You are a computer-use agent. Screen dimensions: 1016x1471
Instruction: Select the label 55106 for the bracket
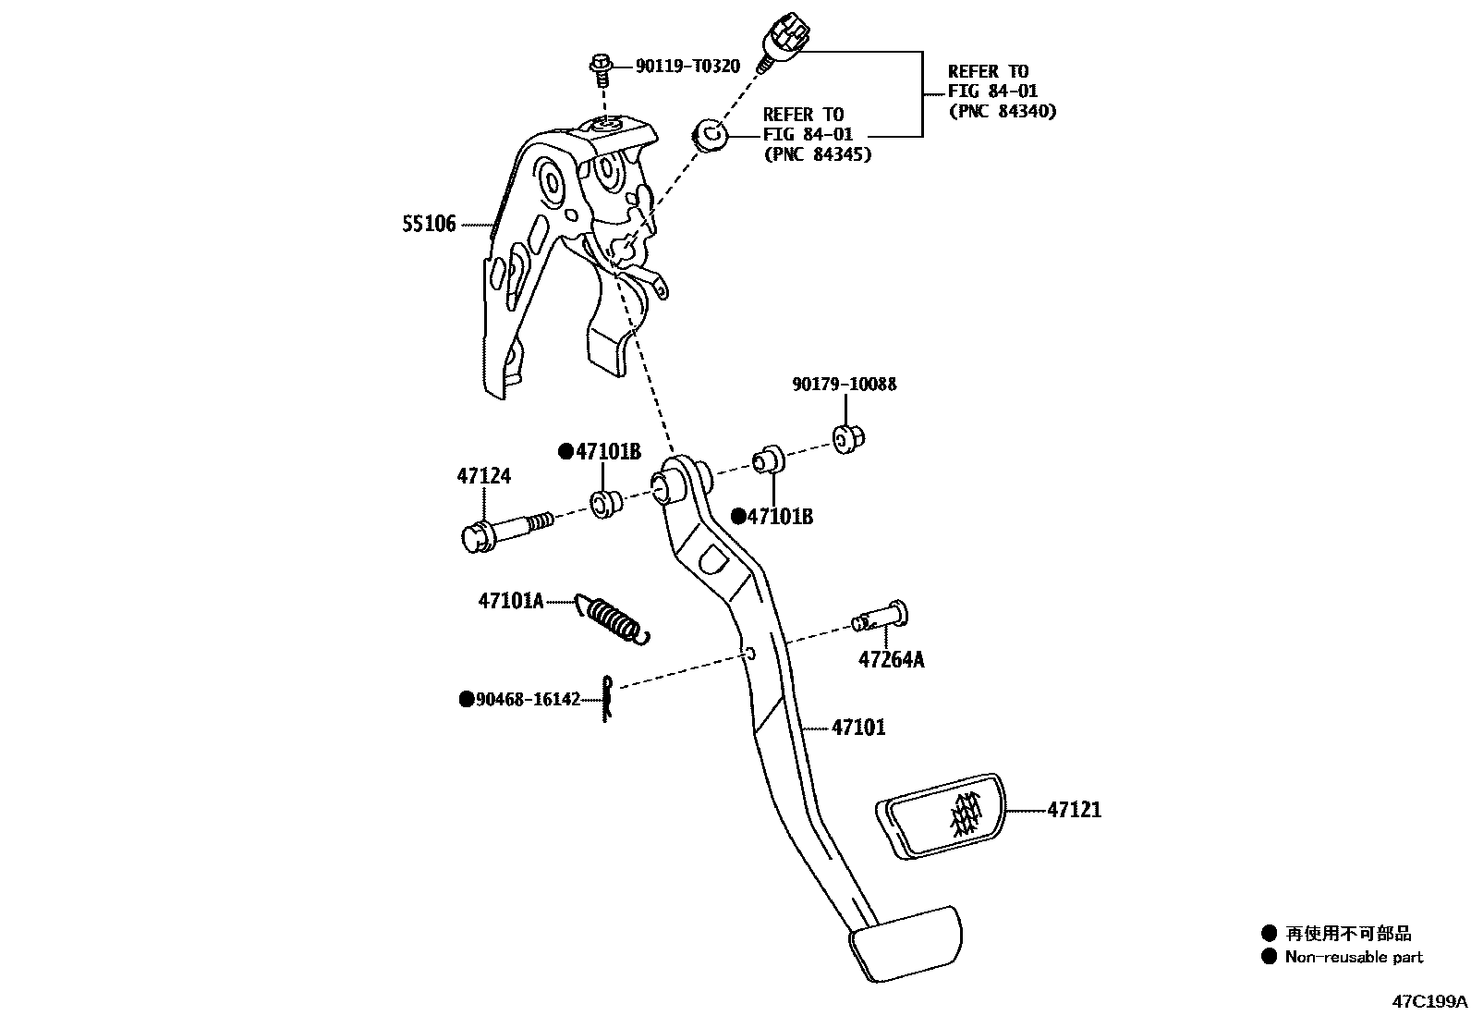click(x=429, y=224)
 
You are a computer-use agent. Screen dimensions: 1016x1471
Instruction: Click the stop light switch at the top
click(x=784, y=42)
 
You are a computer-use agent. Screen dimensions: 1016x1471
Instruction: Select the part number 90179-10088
click(x=844, y=384)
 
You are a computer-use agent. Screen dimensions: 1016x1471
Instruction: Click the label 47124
click(x=483, y=476)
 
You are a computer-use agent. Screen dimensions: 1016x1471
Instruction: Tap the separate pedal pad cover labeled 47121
click(x=941, y=814)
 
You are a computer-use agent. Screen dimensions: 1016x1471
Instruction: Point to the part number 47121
click(x=1074, y=810)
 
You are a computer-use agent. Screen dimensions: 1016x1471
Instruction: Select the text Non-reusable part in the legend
click(x=1354, y=958)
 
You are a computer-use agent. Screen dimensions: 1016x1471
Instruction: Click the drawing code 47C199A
click(x=1429, y=1001)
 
